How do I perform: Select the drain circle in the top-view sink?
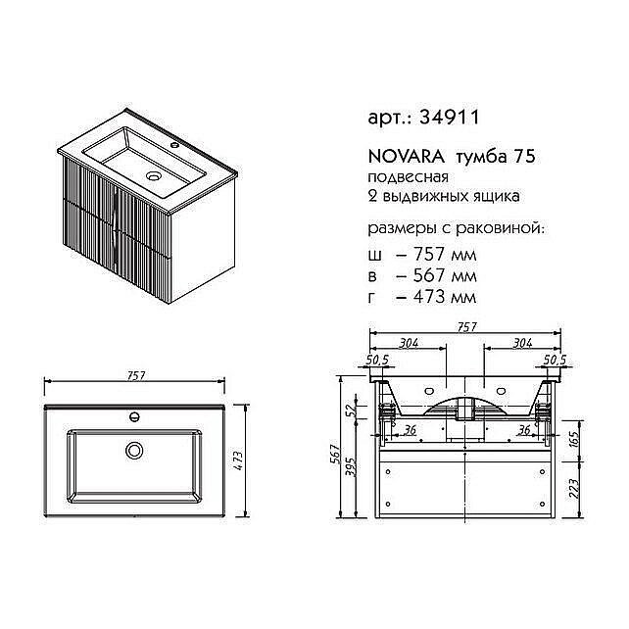[x=134, y=452]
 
